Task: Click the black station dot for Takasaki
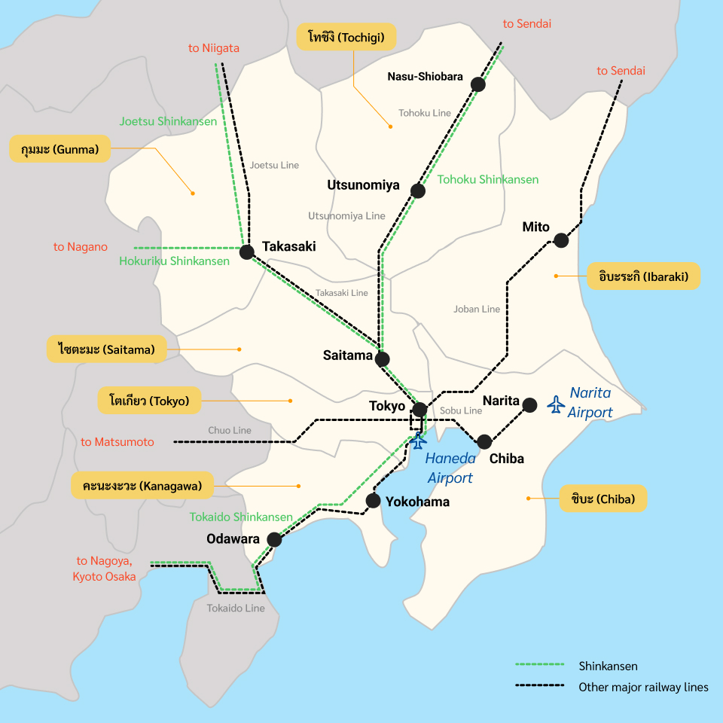pos(246,252)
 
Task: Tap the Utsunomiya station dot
pos(418,191)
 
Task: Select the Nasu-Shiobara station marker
pos(477,84)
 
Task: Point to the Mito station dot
pos(560,240)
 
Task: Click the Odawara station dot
pos(274,539)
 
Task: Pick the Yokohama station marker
pos(373,500)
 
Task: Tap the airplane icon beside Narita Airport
pos(557,404)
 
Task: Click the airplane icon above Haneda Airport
pos(417,441)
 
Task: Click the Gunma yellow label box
pos(60,149)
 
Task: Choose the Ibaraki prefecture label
pos(644,276)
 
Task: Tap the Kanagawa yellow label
pos(142,486)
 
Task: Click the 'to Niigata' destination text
pos(214,48)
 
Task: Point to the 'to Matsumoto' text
pos(117,442)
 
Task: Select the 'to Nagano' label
pos(81,247)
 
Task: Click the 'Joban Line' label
pos(477,309)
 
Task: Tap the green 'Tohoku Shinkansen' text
pos(488,179)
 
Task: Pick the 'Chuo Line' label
pos(230,430)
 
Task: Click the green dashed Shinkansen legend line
pos(540,666)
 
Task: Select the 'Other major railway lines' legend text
pos(643,687)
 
